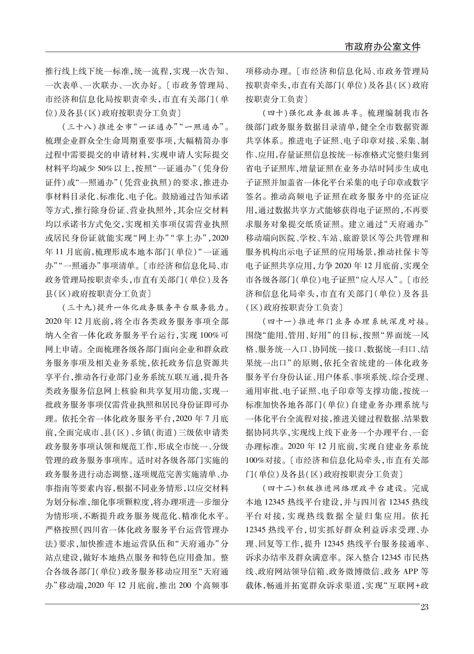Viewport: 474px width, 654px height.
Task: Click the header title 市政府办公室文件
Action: [x=382, y=47]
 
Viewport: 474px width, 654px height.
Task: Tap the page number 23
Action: [x=424, y=607]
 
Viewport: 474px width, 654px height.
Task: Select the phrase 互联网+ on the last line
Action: [x=404, y=585]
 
